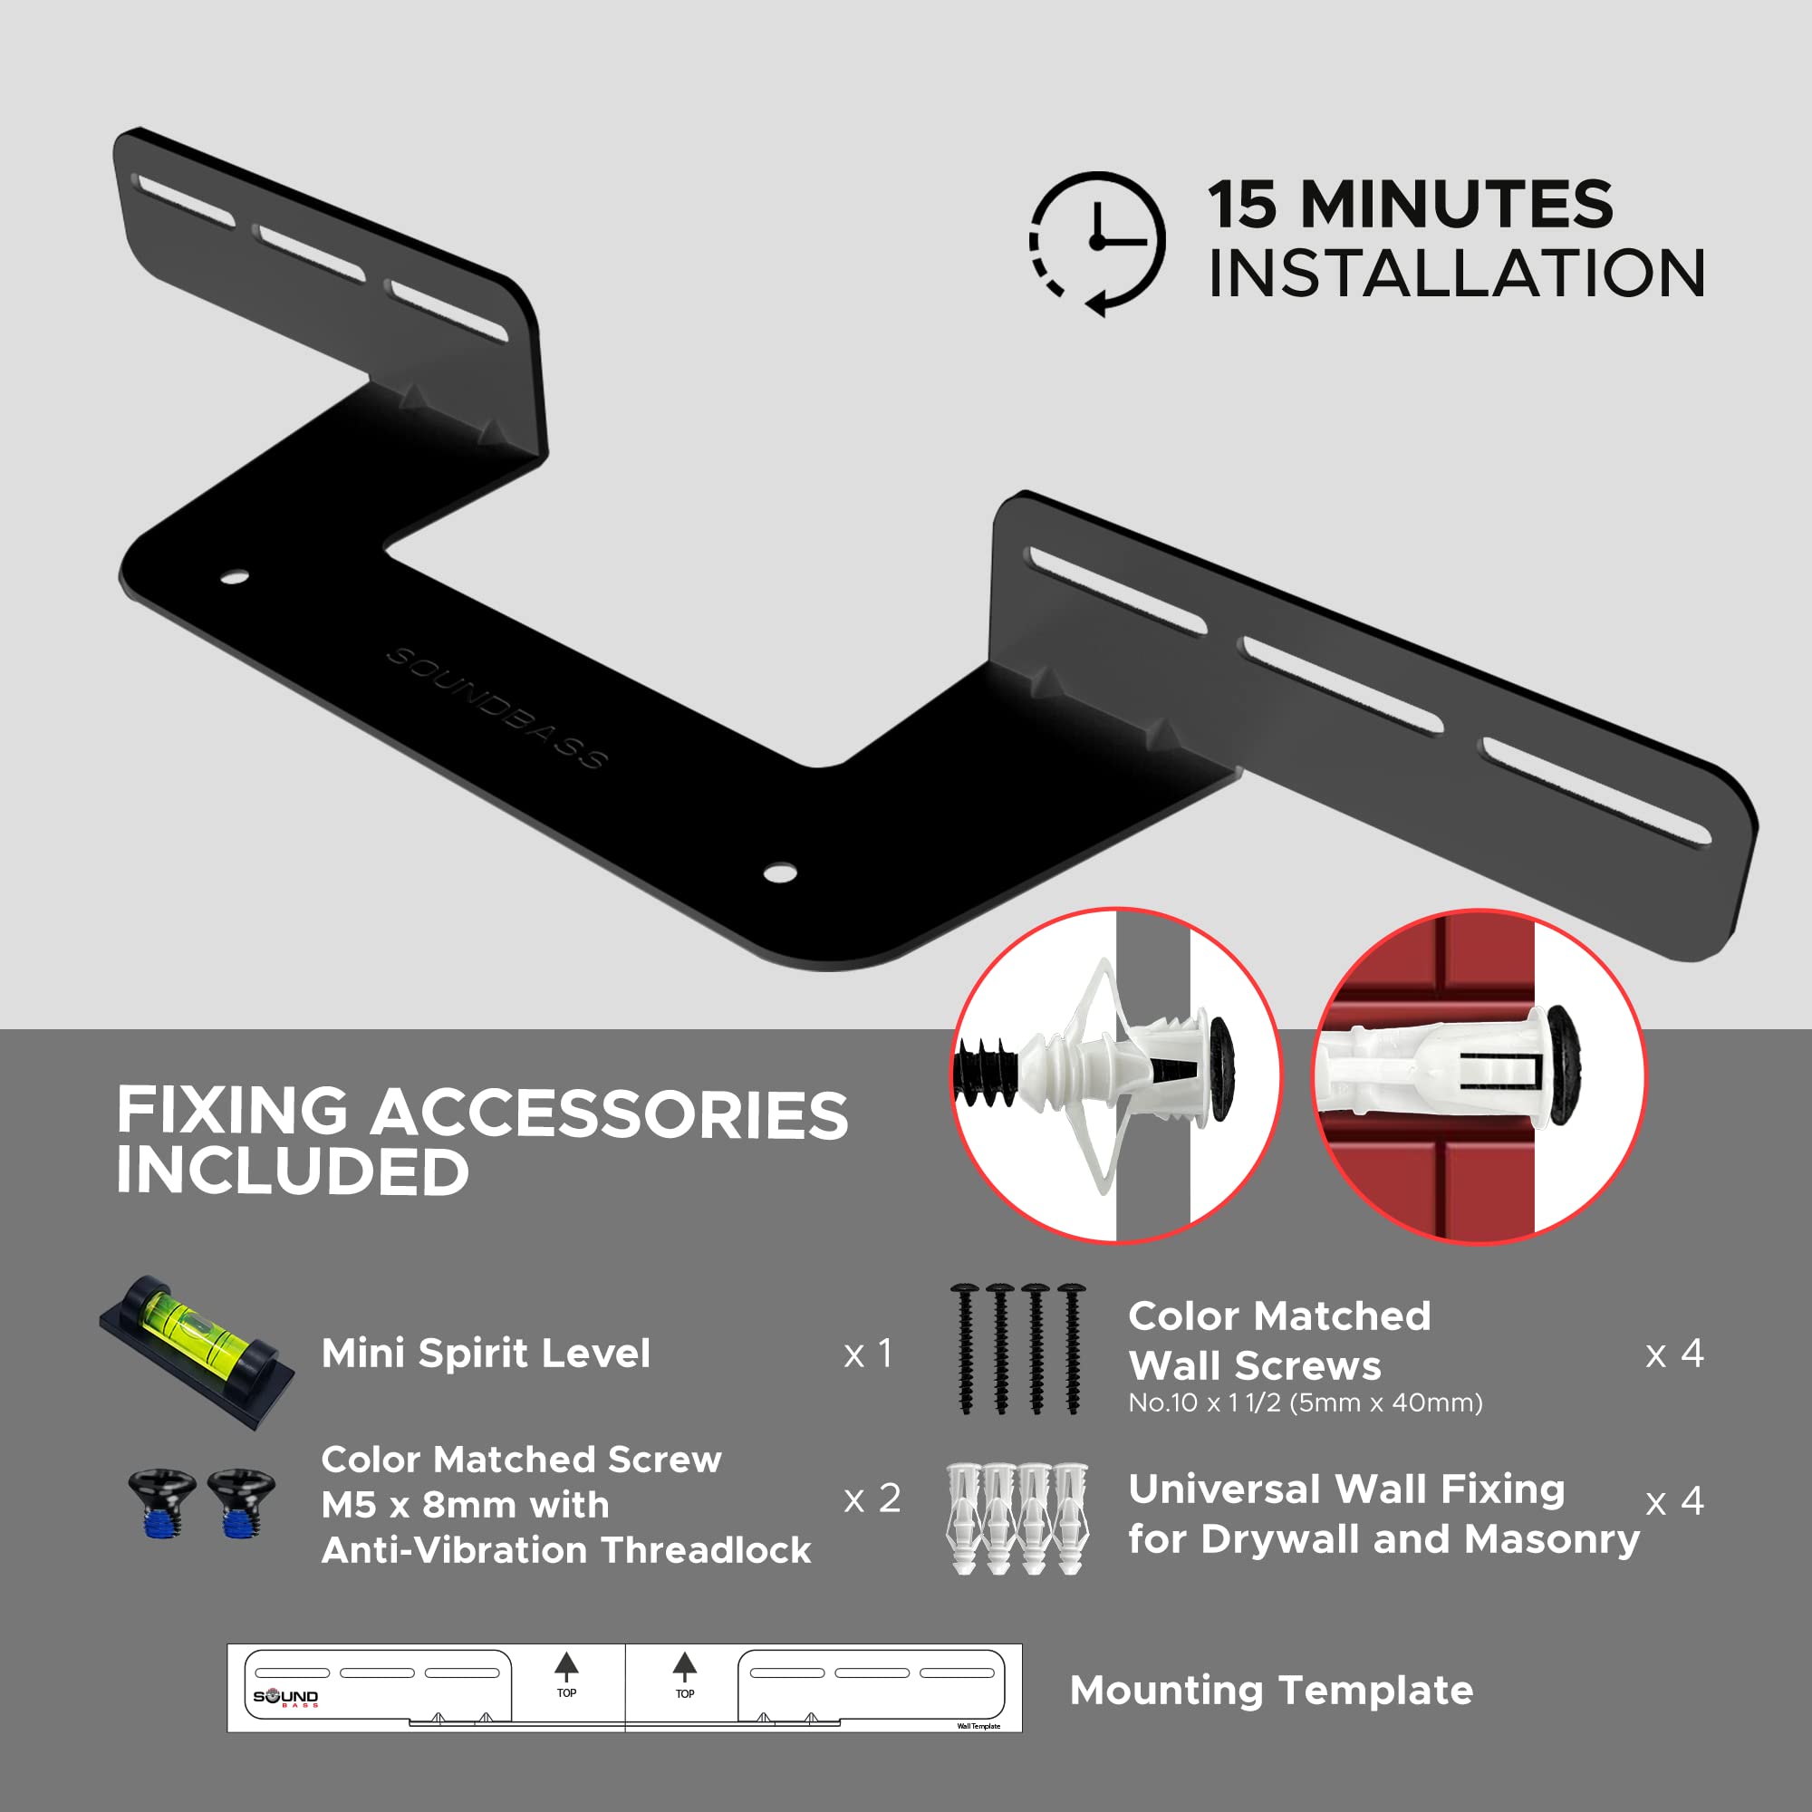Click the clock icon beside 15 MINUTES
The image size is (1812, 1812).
[x=1097, y=242]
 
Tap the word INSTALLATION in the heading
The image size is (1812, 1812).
[x=1456, y=274]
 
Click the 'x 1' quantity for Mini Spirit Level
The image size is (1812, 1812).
[x=868, y=1354]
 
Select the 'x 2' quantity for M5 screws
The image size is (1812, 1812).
[x=872, y=1499]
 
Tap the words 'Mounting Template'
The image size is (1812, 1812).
[x=1271, y=1690]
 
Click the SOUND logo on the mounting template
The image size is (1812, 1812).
[x=285, y=1697]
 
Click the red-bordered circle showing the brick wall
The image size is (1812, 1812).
[x=1478, y=1075]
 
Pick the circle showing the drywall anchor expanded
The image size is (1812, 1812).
[x=1116, y=1075]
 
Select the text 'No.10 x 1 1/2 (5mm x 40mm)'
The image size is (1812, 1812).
[x=1305, y=1403]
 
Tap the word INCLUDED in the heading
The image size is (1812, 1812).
[x=292, y=1171]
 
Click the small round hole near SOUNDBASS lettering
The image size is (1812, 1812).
[x=235, y=577]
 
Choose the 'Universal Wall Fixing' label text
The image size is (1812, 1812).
[x=1346, y=1489]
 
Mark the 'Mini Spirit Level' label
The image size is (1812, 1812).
[x=485, y=1354]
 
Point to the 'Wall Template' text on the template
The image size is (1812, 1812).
[x=978, y=1726]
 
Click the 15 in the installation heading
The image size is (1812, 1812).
[x=1242, y=205]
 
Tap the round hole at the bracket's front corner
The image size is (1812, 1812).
[x=779, y=873]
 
